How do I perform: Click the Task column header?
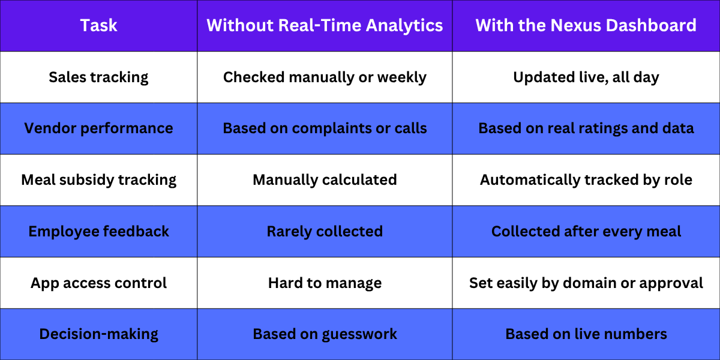point(98,25)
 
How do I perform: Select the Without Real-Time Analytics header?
point(325,25)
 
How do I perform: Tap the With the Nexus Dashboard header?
point(586,25)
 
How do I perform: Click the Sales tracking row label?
point(98,77)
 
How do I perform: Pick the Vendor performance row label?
point(98,128)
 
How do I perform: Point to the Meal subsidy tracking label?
point(98,180)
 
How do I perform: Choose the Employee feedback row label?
point(98,232)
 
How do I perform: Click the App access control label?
point(98,283)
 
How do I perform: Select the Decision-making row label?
point(98,334)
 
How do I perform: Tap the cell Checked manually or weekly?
point(325,77)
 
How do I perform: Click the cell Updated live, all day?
point(586,77)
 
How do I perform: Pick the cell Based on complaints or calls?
point(325,128)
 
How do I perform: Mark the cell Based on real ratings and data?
point(586,128)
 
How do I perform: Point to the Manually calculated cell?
point(325,180)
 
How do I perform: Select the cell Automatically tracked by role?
point(586,180)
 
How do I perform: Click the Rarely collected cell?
point(325,232)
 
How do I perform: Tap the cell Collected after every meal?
point(586,232)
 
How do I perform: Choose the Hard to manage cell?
point(325,283)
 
